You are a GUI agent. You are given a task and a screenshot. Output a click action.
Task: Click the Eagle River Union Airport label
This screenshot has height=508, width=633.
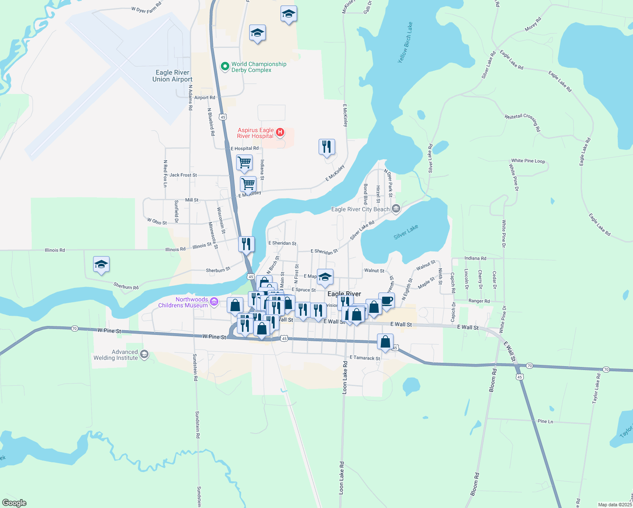coord(172,76)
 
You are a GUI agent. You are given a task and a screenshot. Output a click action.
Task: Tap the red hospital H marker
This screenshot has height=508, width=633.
coord(280,133)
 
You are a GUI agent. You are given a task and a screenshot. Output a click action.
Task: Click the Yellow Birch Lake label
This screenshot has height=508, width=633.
coord(405,43)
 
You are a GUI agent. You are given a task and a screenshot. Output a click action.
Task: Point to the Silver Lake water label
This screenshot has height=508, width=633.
coord(406,232)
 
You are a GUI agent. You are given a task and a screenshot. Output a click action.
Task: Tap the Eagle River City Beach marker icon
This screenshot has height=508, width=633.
coord(396,209)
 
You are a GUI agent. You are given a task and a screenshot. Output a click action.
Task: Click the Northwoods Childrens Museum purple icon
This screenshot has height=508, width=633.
coord(214,302)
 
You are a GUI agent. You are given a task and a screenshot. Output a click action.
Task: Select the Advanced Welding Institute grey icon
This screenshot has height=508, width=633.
coord(144,354)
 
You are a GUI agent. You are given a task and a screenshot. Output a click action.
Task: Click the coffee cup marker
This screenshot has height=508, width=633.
coord(386,301)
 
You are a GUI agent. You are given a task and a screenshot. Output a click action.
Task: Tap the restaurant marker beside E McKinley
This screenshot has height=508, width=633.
coord(327,147)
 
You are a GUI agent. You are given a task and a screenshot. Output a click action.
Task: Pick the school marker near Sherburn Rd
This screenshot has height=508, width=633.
coord(101,265)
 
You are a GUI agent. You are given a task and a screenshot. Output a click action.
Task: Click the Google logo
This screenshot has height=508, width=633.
coord(14,502)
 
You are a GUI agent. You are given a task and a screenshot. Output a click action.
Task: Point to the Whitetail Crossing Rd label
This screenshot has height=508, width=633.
coord(523,121)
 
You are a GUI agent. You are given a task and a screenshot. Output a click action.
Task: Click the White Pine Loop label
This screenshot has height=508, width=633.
coord(528,161)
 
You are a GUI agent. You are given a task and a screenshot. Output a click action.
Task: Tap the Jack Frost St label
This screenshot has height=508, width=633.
coord(183,175)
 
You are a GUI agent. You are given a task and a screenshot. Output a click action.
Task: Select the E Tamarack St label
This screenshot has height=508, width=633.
coord(365,358)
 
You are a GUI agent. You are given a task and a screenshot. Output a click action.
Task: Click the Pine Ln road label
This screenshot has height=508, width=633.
coord(545,421)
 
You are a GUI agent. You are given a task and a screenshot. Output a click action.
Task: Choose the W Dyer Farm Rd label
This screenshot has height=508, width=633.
coord(146,8)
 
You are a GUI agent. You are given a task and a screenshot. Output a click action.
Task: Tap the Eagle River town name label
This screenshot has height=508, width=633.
coord(344,294)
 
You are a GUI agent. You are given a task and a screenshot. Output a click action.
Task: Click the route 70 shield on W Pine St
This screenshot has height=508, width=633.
coord(74,329)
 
